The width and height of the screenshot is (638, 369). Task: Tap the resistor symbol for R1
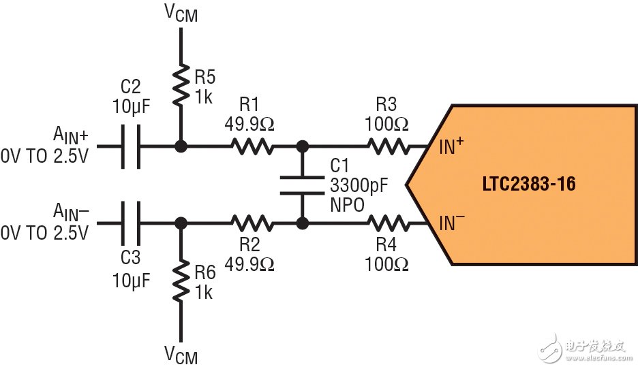[253, 146]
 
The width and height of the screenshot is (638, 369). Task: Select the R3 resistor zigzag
[389, 146]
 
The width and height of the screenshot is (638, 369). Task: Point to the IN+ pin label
[452, 145]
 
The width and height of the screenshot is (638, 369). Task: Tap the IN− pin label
[452, 222]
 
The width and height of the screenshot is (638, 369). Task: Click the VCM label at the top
[181, 13]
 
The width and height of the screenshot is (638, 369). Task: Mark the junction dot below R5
[181, 146]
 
